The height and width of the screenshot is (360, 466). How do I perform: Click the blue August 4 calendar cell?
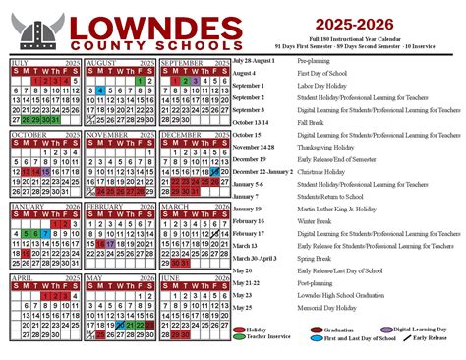click(100, 90)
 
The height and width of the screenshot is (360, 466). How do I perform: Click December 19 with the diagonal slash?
click(214, 170)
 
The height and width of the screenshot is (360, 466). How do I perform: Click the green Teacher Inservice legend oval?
click(239, 336)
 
